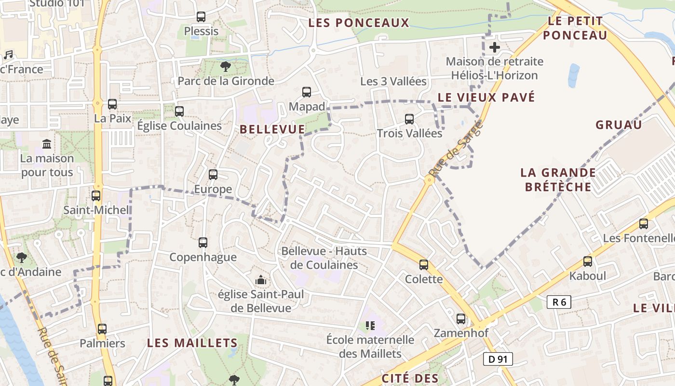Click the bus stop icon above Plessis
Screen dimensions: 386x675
(201, 17)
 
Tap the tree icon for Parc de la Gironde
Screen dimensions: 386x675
(225, 67)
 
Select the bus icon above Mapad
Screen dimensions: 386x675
(307, 92)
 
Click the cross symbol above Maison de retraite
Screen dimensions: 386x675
(494, 47)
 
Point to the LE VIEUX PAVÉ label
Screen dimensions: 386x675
(486, 97)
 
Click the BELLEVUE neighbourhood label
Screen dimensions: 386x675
(272, 129)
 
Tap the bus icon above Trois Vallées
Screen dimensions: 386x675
(409, 119)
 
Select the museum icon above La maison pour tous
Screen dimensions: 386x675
(47, 144)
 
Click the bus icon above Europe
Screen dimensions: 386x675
(213, 175)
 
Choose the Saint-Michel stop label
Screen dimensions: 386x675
(97, 210)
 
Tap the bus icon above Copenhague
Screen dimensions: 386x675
(203, 243)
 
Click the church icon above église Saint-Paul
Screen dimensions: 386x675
(261, 280)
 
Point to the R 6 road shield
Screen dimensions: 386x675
(559, 303)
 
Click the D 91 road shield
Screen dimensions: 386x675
(498, 359)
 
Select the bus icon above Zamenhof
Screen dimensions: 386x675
(461, 319)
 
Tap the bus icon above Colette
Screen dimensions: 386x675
(424, 265)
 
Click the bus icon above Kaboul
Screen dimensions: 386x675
(588, 262)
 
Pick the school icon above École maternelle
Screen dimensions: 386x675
(370, 326)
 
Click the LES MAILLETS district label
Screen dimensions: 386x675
(192, 343)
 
